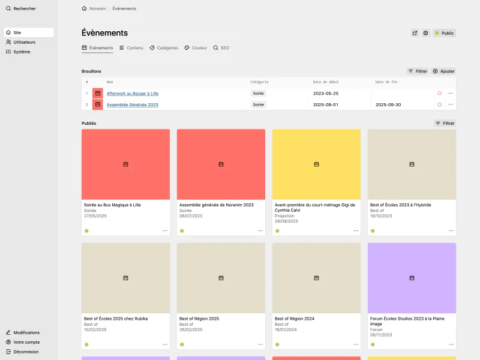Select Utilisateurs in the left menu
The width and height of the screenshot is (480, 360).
coord(24,42)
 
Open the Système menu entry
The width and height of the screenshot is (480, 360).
coord(22,52)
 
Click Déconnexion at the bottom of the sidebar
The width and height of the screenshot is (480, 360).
coord(26,352)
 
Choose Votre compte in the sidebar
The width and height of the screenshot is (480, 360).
coord(26,342)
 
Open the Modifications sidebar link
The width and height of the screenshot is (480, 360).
coord(26,332)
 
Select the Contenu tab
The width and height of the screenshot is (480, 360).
coord(131,48)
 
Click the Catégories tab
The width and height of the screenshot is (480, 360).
coord(164,48)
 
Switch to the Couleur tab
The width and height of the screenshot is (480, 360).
coord(196,48)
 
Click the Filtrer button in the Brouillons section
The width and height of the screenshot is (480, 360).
coord(418,71)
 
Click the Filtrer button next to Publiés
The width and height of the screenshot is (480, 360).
coord(445,124)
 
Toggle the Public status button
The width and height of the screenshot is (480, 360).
coord(444,34)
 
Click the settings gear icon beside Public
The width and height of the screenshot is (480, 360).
coord(425,34)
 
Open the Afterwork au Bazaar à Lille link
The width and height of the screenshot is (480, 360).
coord(133,94)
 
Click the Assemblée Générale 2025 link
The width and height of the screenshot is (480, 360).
coord(133,105)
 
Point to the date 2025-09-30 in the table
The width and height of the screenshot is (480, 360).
coord(388,105)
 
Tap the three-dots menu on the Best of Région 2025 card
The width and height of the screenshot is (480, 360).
coord(260,344)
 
